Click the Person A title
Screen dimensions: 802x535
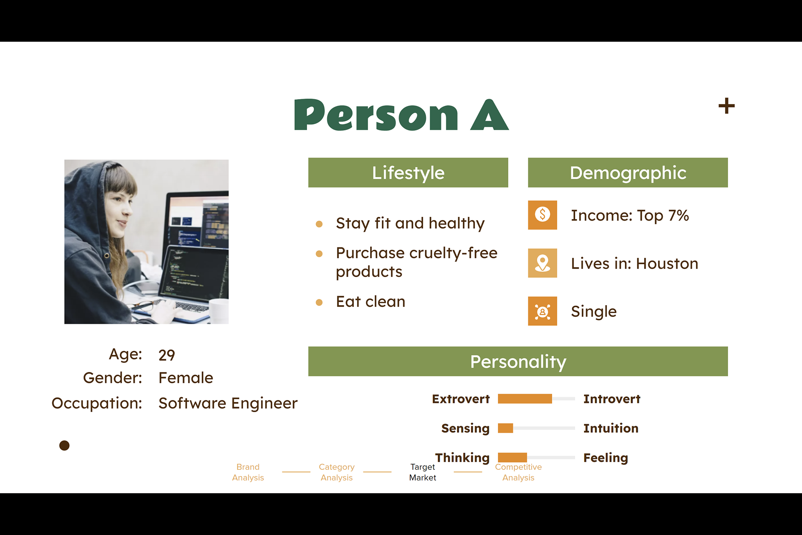(401, 115)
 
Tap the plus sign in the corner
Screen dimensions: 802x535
(726, 106)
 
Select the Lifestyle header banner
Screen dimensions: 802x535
(408, 173)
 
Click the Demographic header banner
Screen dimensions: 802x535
(628, 173)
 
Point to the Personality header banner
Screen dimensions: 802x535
(518, 362)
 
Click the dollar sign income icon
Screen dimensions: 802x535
(543, 215)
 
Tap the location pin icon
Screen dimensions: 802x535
(543, 263)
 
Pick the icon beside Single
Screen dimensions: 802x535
(543, 311)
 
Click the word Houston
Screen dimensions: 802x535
(667, 264)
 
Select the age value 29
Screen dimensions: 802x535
(167, 355)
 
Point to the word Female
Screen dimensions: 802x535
(186, 378)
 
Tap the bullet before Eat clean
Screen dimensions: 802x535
(319, 302)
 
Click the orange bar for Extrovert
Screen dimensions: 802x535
(525, 399)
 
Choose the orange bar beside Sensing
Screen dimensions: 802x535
(505, 428)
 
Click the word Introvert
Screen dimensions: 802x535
(612, 399)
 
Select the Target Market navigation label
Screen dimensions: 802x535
(423, 472)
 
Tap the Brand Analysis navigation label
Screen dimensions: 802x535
(248, 472)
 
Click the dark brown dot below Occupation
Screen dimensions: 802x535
(64, 446)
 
